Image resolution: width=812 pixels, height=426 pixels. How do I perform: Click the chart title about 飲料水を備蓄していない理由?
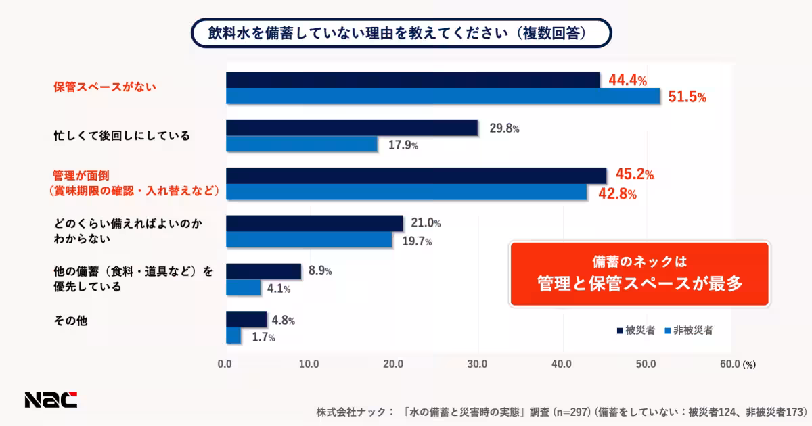401,32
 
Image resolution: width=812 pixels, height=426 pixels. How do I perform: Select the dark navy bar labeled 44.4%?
412,80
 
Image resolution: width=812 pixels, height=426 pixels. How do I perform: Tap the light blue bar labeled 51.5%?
442,97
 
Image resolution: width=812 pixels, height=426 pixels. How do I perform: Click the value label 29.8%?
504,128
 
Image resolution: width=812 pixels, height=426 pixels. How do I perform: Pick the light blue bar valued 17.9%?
301,144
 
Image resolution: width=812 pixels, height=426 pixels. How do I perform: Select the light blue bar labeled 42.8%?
406,192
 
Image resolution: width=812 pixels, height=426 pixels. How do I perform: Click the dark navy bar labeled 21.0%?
314,224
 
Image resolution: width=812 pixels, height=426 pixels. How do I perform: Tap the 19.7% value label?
418,241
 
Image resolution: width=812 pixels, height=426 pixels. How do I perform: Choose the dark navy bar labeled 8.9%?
263,271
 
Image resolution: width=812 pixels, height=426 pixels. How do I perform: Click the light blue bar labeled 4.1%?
243,288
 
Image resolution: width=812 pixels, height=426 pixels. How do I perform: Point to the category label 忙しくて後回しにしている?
122,136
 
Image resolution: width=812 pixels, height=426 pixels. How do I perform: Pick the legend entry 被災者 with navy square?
635,331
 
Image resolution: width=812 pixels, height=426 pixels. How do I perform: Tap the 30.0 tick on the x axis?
478,364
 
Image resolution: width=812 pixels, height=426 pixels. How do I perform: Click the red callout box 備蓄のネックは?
639,274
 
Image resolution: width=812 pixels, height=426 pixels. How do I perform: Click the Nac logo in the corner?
51,400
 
